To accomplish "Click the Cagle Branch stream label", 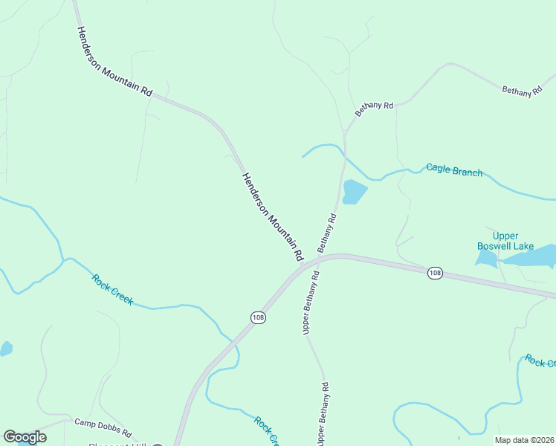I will click(453, 170).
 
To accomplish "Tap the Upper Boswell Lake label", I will click(505, 240).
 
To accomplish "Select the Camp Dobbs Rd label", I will click(103, 427).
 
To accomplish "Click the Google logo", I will click(25, 437).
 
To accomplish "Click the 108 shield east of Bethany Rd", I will click(435, 274).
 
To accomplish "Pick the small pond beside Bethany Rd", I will click(354, 192).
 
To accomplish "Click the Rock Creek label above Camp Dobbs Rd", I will click(113, 289).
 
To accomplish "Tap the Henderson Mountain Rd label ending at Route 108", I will click(273, 216).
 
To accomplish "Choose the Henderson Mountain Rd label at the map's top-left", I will click(114, 60).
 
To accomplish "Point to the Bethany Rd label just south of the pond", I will click(327, 233).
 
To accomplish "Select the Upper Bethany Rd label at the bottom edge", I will click(323, 414).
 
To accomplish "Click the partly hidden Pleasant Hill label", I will click(126, 445).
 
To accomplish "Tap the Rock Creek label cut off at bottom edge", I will click(266, 430).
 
